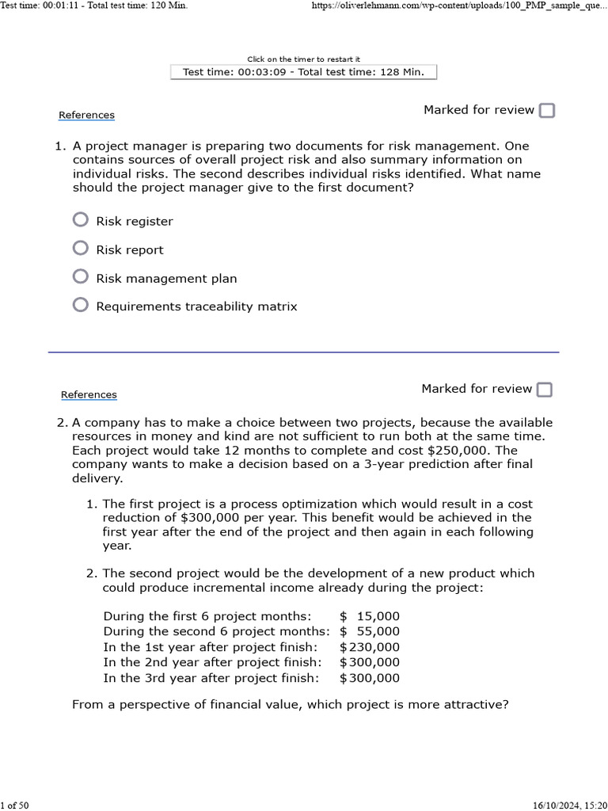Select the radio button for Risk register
coord(80,219)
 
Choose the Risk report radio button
coord(80,248)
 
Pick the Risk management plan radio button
coord(80,276)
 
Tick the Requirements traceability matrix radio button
coord(80,305)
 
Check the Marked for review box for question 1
coord(546,111)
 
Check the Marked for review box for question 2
coord(544,390)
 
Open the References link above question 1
coord(86,116)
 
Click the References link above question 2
coord(89,395)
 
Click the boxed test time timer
coord(303,72)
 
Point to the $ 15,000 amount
coord(370,616)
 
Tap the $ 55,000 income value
coord(370,631)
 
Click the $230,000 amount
coord(370,647)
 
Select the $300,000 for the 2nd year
coord(370,662)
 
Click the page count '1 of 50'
coord(15,805)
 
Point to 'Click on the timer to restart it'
coord(303,59)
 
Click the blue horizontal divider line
coord(303,352)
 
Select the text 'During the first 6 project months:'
coord(207,616)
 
